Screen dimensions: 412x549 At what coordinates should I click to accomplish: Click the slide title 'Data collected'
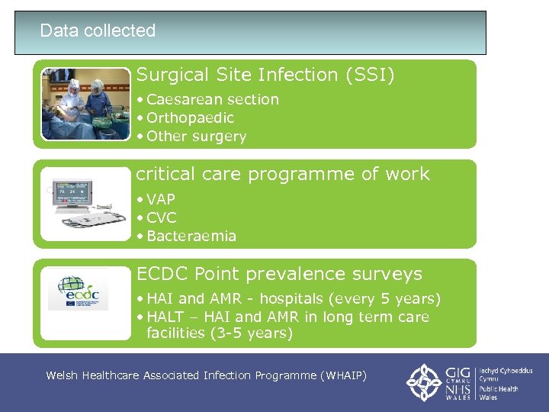(x=98, y=31)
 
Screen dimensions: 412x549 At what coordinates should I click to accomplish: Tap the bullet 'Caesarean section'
(x=213, y=99)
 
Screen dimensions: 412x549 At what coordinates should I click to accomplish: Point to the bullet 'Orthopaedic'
(x=190, y=117)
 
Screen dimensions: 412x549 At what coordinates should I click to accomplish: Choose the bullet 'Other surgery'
(x=196, y=137)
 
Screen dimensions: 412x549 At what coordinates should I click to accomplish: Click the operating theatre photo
(x=85, y=104)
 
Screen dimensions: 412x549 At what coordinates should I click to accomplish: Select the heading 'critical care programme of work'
(x=283, y=174)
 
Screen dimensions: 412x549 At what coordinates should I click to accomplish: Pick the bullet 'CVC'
(x=161, y=217)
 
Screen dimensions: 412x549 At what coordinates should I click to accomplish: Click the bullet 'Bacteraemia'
(x=191, y=236)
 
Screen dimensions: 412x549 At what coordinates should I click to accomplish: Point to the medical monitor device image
(x=85, y=204)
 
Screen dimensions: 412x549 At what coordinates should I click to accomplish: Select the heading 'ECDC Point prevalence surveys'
(x=279, y=273)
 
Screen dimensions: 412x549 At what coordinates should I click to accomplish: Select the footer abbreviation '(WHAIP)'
(x=344, y=375)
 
